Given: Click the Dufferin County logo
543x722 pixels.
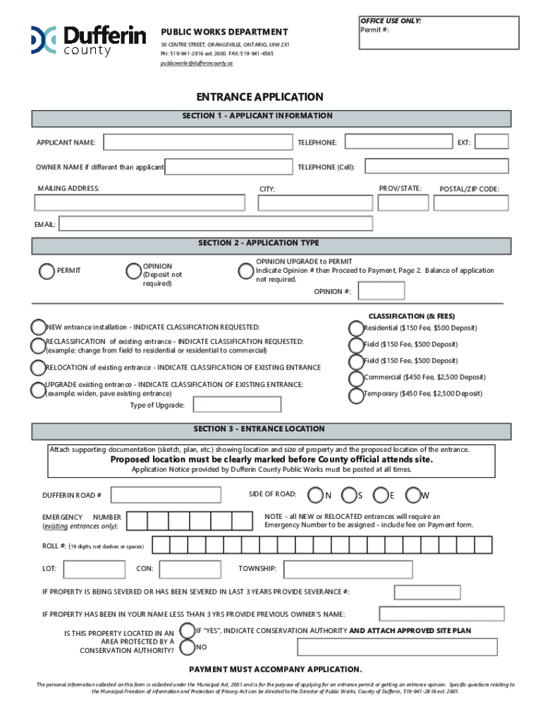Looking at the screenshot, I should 87,40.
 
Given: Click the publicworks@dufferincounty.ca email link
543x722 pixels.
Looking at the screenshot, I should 196,63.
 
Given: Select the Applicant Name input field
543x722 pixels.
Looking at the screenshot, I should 197,142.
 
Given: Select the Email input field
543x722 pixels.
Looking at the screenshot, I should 216,224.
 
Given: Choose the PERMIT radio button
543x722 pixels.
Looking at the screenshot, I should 47,271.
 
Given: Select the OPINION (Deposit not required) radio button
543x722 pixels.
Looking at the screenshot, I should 133,271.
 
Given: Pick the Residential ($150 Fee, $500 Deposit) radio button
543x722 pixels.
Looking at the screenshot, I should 355,328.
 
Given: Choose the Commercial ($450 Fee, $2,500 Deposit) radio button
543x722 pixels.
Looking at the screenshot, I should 355,377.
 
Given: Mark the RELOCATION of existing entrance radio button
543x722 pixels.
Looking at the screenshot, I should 37,367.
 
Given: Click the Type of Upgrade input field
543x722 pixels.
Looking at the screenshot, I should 237,405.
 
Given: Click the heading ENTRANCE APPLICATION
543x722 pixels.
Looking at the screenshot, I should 260,97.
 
